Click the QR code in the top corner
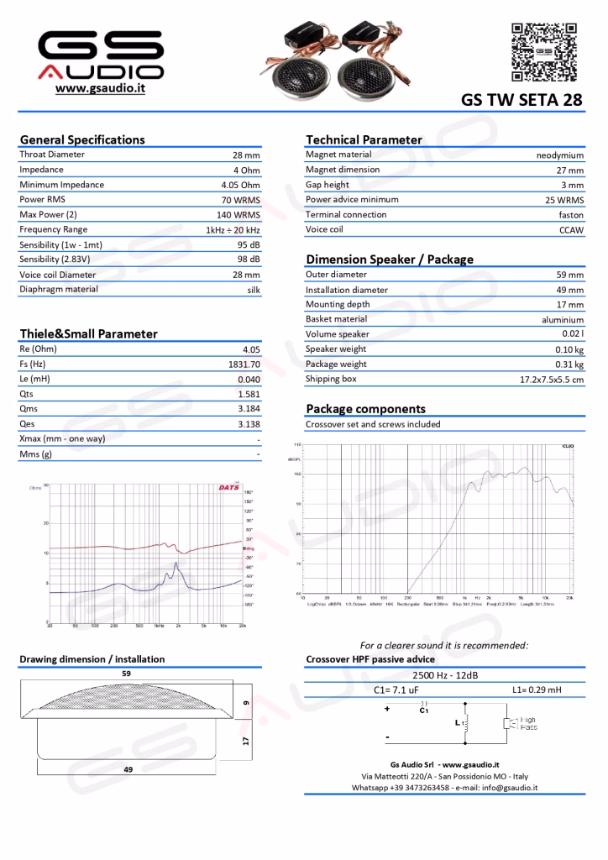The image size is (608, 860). pyautogui.click(x=545, y=52)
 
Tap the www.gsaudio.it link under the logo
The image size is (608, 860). pyautogui.click(x=100, y=88)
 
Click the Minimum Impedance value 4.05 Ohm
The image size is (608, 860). pyautogui.click(x=240, y=185)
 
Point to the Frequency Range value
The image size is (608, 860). pyautogui.click(x=233, y=230)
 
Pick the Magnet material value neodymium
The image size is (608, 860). pyautogui.click(x=559, y=155)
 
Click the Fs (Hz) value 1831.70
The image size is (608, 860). pyautogui.click(x=244, y=365)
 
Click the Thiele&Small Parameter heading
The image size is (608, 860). pyautogui.click(x=88, y=333)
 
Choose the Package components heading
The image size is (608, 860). pyautogui.click(x=365, y=409)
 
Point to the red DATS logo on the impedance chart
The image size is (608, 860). pyautogui.click(x=228, y=487)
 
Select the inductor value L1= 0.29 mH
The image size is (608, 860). pyautogui.click(x=537, y=690)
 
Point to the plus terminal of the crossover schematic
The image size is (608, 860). pyautogui.click(x=387, y=709)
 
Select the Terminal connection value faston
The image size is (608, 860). pyautogui.click(x=571, y=216)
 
